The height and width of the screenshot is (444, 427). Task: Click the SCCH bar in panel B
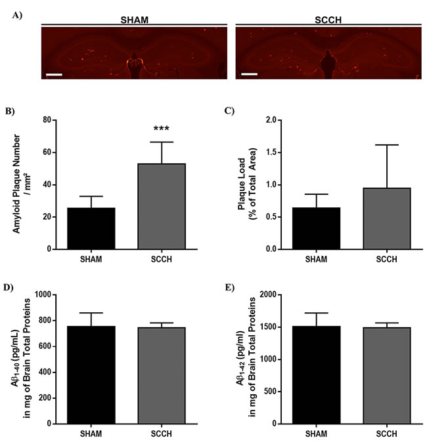pyautogui.click(x=162, y=207)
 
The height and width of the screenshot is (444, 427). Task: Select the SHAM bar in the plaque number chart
pyautogui.click(x=91, y=228)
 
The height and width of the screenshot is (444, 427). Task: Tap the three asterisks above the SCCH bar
pyautogui.click(x=162, y=129)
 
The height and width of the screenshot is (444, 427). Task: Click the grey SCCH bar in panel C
pyautogui.click(x=387, y=218)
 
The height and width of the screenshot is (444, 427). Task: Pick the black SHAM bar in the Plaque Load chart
pyautogui.click(x=317, y=228)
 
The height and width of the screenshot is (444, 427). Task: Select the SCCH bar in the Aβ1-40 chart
pyautogui.click(x=162, y=376)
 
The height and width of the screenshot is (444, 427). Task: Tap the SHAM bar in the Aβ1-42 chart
pyautogui.click(x=317, y=375)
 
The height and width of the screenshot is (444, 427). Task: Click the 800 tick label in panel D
pyautogui.click(x=45, y=321)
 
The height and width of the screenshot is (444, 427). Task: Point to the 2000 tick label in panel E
pyautogui.click(x=268, y=294)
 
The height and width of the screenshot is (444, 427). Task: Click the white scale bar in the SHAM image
pyautogui.click(x=54, y=75)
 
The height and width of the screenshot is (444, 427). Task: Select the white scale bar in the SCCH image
pyautogui.click(x=250, y=74)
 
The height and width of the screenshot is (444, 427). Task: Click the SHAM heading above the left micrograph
pyautogui.click(x=134, y=20)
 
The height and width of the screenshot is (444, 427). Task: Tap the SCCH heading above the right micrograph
pyautogui.click(x=328, y=20)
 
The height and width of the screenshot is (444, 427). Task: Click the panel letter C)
pyautogui.click(x=229, y=111)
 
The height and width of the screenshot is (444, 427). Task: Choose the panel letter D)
pyautogui.click(x=9, y=287)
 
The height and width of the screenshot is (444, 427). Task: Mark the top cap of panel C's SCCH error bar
pyautogui.click(x=387, y=145)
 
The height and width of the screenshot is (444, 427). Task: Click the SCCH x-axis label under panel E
pyautogui.click(x=387, y=434)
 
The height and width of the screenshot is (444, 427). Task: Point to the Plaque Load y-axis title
pyautogui.click(x=247, y=184)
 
